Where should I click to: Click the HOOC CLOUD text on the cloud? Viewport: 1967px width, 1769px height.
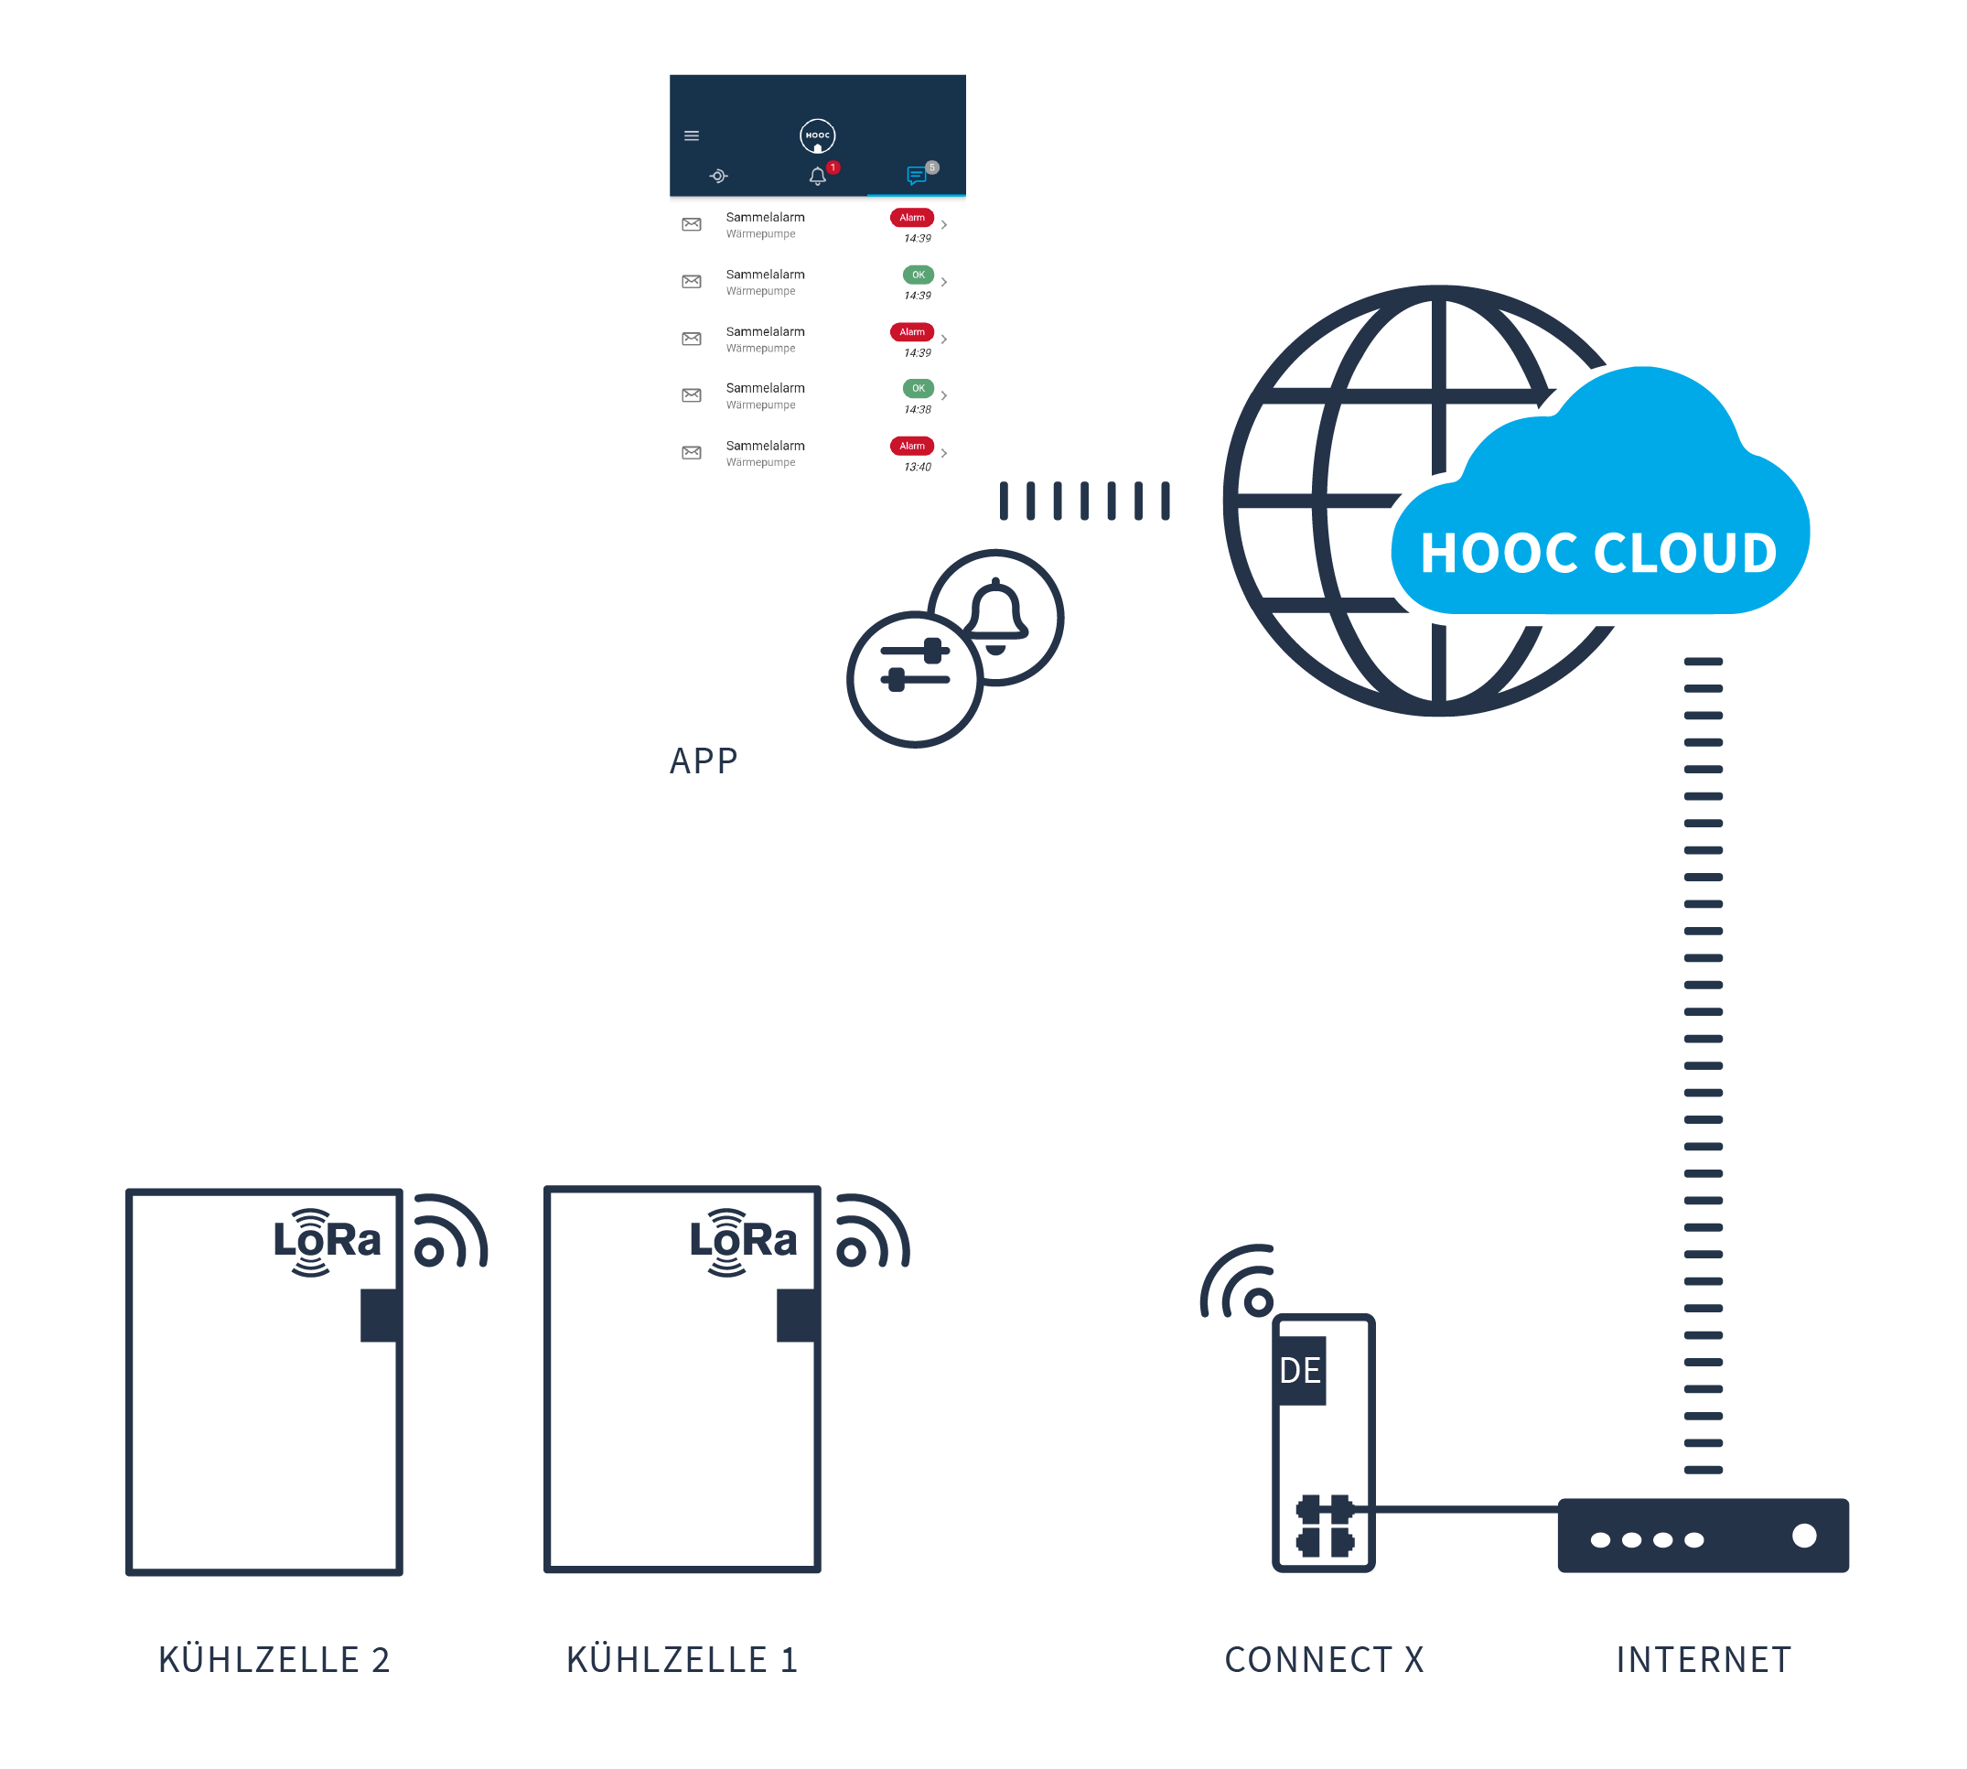click(x=1597, y=552)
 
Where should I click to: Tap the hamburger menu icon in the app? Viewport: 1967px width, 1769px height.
click(x=691, y=135)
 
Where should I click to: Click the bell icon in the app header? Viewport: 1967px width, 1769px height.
click(x=817, y=176)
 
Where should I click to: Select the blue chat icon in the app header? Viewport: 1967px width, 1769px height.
click(x=916, y=176)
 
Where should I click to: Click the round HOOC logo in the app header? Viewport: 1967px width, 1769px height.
click(x=817, y=136)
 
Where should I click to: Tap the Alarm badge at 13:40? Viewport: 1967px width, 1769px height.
click(x=911, y=446)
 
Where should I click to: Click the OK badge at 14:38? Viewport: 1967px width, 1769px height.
click(x=918, y=389)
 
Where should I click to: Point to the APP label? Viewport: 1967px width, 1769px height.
click(x=704, y=760)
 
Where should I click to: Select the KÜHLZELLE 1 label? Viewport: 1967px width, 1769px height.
click(x=682, y=1659)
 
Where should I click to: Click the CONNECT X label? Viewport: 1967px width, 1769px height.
click(x=1324, y=1659)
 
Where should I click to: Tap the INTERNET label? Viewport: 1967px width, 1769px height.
click(x=1703, y=1659)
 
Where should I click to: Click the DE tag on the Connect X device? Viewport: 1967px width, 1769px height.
click(x=1299, y=1371)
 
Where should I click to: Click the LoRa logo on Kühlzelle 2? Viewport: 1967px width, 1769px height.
click(x=326, y=1241)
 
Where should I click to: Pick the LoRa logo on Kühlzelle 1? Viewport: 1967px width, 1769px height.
click(x=743, y=1241)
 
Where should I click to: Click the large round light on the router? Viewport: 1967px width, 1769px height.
click(x=1804, y=1535)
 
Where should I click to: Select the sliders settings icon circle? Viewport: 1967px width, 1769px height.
click(x=914, y=678)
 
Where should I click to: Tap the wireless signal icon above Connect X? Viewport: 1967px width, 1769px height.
click(x=1238, y=1281)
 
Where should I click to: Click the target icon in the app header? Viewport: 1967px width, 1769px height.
click(x=718, y=176)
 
